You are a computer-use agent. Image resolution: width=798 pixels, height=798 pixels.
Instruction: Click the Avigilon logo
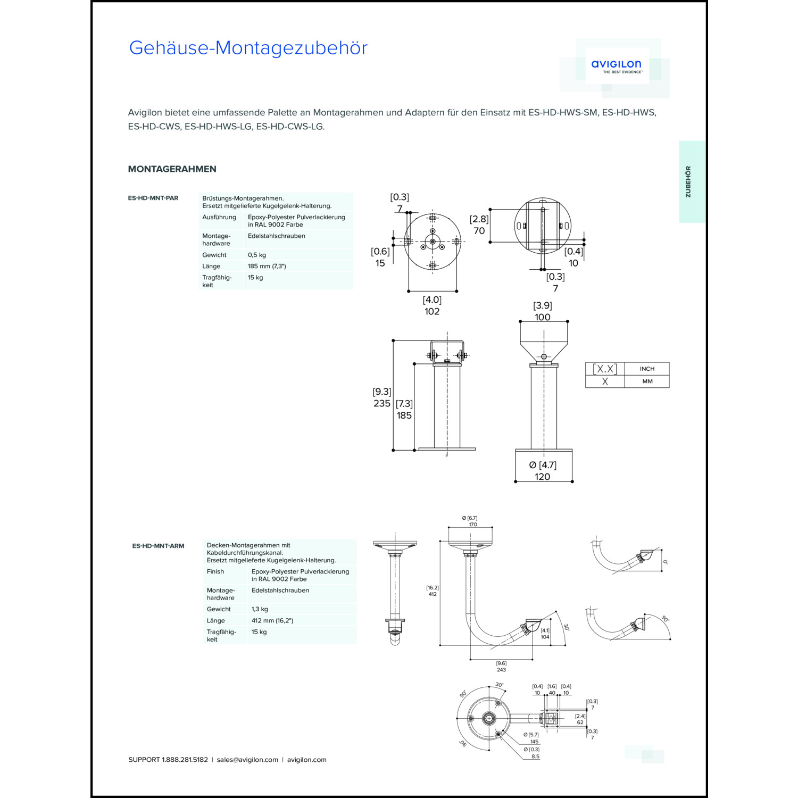(x=616, y=66)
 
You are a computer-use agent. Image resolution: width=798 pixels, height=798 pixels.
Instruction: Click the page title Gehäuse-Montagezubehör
(x=248, y=48)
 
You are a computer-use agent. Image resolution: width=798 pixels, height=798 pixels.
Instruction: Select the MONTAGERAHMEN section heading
(x=172, y=169)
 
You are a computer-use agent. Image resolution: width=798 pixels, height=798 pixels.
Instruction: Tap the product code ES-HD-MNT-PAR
(x=153, y=198)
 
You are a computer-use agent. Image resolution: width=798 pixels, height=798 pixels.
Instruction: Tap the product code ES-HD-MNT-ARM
(x=158, y=546)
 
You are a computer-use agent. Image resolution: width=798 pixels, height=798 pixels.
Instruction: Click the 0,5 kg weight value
(x=257, y=255)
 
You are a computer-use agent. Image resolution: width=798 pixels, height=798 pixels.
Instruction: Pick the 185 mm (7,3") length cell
(x=267, y=266)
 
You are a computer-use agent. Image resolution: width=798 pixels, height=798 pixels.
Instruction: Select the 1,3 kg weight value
(x=260, y=609)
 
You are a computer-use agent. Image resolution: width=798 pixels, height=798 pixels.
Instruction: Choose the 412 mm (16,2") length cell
(x=272, y=620)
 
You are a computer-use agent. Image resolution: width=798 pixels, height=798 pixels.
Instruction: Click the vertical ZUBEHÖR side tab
(x=688, y=182)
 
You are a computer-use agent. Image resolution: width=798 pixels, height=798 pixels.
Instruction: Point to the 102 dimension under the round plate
(x=432, y=312)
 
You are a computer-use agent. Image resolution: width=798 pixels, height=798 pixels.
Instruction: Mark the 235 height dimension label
(x=382, y=403)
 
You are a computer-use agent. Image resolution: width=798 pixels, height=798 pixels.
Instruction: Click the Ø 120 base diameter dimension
(x=543, y=477)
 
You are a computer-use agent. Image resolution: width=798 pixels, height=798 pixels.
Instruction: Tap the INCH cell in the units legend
(x=647, y=369)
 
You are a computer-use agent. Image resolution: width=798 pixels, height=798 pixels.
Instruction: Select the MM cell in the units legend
(x=647, y=381)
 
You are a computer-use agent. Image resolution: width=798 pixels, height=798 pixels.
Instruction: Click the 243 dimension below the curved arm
(x=501, y=670)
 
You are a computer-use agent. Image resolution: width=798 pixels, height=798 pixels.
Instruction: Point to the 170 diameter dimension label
(x=472, y=525)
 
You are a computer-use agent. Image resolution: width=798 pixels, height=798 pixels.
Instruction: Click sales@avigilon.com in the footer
(x=247, y=760)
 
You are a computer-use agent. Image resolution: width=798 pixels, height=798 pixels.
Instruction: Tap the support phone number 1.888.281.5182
(x=185, y=760)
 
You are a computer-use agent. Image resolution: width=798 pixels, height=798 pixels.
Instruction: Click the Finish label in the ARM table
(x=215, y=571)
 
